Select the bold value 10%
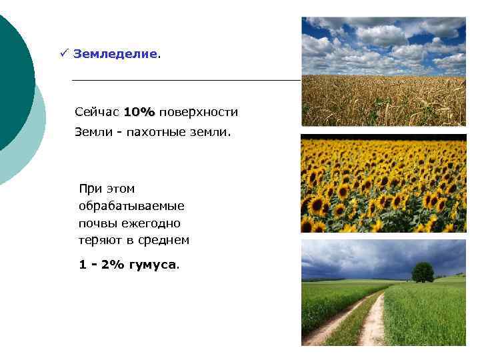[139, 111]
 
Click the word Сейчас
[97, 111]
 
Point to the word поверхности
[199, 111]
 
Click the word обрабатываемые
[131, 206]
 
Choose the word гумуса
[155, 264]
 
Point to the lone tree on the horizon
[423, 271]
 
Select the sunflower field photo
[383, 183]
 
